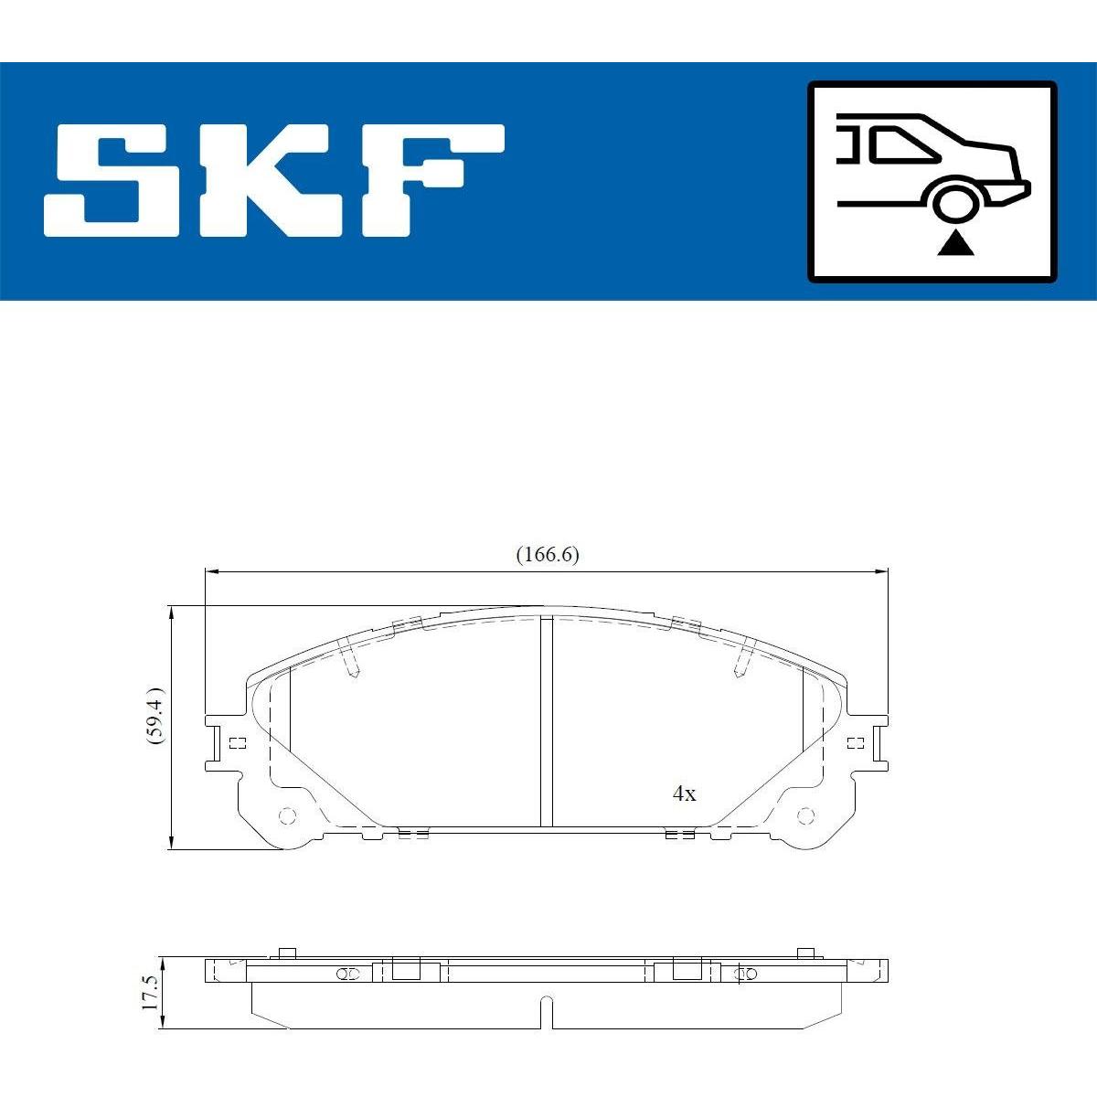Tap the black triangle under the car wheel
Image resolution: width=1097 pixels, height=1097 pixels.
pos(956,244)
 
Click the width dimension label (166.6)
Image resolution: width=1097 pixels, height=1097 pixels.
pos(547,555)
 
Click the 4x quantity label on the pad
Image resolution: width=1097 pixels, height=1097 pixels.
pos(684,793)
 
